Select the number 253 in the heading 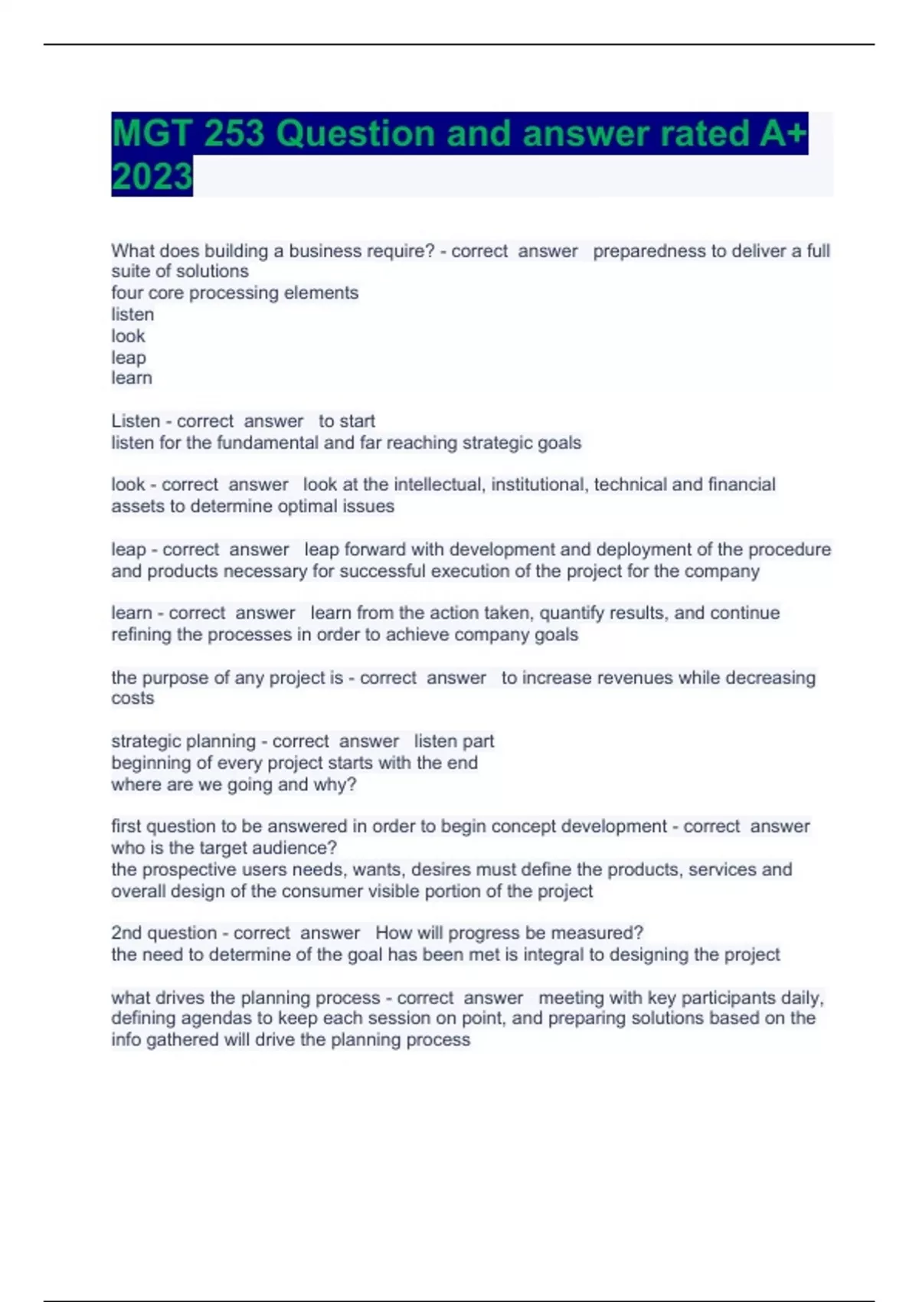[x=234, y=134]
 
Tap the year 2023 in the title [x=152, y=177]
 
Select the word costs [x=132, y=698]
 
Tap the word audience [x=299, y=849]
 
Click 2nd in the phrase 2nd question [x=126, y=933]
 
